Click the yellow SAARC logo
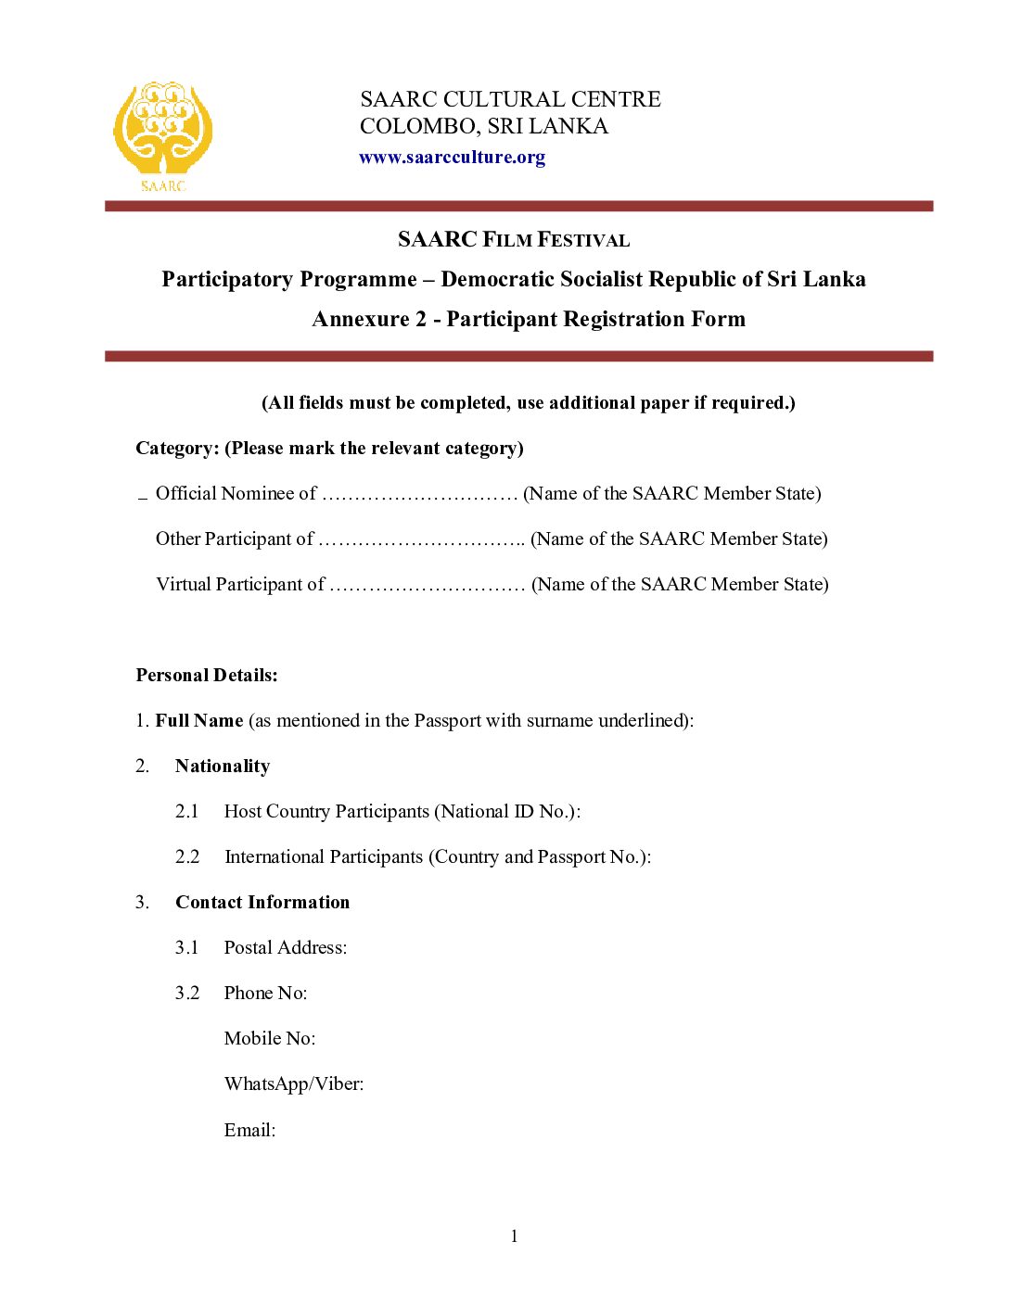point(162,135)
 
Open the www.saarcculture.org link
point(452,158)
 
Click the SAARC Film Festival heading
point(514,239)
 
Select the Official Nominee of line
point(236,493)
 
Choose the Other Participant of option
point(235,538)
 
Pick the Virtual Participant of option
point(240,584)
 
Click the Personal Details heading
point(207,675)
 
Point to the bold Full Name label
point(198,720)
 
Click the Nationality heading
point(223,766)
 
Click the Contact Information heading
point(262,902)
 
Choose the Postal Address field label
point(286,947)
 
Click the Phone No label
point(265,993)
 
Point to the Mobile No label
point(270,1038)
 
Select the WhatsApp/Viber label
point(294,1083)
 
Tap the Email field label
point(249,1130)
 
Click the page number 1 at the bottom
point(514,1235)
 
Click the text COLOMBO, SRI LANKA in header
point(484,126)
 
